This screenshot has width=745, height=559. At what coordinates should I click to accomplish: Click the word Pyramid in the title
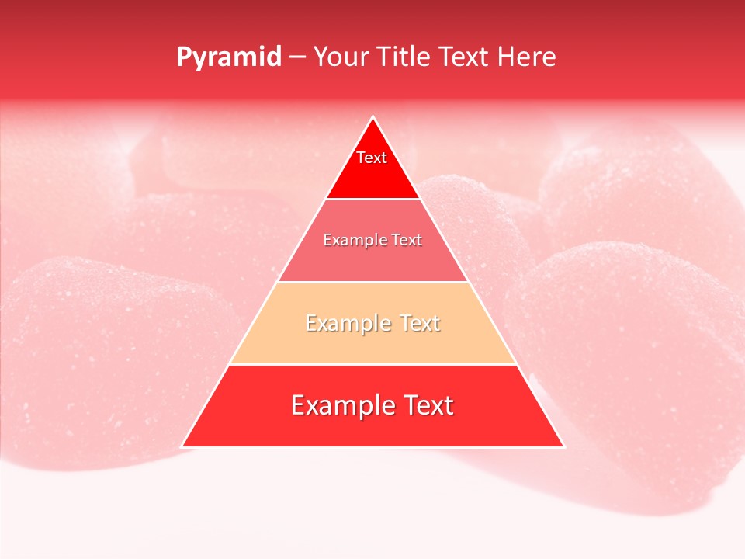coord(228,57)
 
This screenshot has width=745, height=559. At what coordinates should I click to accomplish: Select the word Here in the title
coord(528,57)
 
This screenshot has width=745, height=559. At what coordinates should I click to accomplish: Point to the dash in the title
coord(296,57)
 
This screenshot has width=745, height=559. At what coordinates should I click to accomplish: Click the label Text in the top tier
coord(372,158)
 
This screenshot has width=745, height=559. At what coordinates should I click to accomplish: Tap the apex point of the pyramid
coord(372,118)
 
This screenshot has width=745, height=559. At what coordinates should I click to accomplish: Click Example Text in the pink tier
coord(372,241)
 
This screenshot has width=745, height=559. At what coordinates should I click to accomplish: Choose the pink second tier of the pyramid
coord(326,264)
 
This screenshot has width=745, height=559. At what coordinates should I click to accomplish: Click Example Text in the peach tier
coord(372,323)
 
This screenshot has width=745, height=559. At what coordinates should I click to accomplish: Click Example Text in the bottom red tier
coord(372,405)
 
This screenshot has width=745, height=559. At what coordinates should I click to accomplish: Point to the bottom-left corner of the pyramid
coord(182,446)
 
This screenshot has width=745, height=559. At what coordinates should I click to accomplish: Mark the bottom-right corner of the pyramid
coord(563,446)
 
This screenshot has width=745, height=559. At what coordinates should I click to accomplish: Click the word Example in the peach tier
coord(341,323)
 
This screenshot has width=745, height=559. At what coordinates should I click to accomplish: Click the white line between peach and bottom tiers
coord(372,364)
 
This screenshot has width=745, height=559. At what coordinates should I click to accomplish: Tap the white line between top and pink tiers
coord(372,200)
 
